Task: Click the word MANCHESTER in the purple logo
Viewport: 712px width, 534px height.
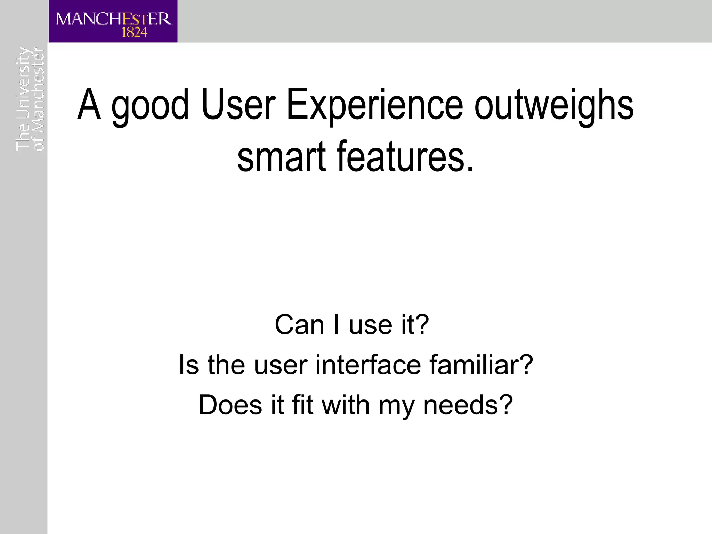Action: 114,19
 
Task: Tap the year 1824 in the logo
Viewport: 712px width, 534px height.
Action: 134,33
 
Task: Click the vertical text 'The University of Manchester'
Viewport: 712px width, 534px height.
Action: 30,99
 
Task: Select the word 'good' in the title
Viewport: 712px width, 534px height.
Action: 150,105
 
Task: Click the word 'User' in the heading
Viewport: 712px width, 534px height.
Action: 238,104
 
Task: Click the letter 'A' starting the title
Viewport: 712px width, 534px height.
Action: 89,104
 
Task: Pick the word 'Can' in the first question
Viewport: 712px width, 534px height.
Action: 299,325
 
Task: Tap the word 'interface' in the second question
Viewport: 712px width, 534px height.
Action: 368,365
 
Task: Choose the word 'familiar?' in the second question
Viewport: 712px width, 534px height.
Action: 481,365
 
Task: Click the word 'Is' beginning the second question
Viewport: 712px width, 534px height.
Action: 189,365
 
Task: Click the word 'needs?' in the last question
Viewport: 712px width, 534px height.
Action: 468,405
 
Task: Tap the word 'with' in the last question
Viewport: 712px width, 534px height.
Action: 346,405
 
